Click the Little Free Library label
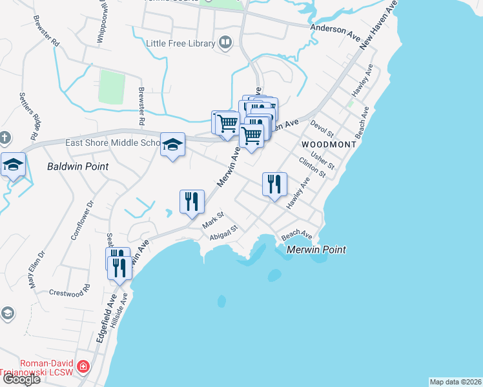tap(181, 43)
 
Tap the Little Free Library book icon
tap(225, 43)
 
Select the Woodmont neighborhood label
tap(329, 144)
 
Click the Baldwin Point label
tap(77, 166)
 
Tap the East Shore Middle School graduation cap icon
tap(173, 146)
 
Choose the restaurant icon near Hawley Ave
tap(274, 184)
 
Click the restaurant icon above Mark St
tap(192, 202)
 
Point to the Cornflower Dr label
tap(82, 219)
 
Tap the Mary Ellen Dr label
tap(37, 269)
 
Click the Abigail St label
tap(225, 232)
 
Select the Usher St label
tap(323, 159)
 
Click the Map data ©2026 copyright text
tap(455, 382)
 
